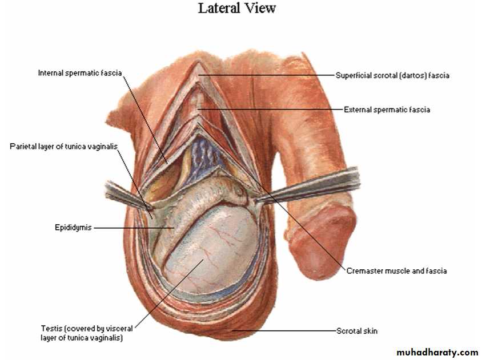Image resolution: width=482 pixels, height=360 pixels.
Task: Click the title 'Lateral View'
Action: click(x=236, y=9)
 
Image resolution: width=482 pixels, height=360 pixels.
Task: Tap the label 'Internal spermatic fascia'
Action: click(x=80, y=73)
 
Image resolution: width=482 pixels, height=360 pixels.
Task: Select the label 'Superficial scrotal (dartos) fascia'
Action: click(x=392, y=75)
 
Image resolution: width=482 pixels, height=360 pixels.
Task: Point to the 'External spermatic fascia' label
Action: click(x=387, y=110)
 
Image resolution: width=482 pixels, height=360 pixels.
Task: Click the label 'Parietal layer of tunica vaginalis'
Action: click(x=63, y=147)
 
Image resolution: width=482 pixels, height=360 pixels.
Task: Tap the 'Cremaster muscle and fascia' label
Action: click(x=396, y=271)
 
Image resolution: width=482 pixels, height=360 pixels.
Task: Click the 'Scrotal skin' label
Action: click(x=357, y=331)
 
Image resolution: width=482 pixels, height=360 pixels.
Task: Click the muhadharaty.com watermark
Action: click(x=437, y=353)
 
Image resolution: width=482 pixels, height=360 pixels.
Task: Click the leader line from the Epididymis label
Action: click(x=131, y=228)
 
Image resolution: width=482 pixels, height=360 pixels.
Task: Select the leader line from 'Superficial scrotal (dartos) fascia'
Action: click(x=268, y=75)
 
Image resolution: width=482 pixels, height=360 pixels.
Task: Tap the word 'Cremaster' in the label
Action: click(x=364, y=271)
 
